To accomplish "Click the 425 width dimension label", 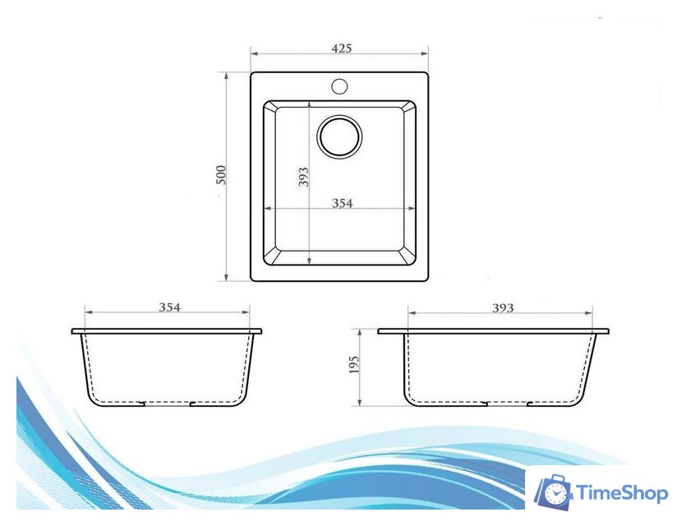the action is pos(342,48).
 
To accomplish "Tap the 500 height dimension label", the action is pos(221,174).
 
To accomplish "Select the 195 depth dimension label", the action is pos(354,365).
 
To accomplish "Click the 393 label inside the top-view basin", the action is pos(303,177).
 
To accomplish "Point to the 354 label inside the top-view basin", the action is pos(343,203).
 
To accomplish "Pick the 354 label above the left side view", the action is pos(170,307).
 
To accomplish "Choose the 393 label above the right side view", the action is pos(503,307).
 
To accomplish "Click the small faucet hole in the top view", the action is pos(340,86).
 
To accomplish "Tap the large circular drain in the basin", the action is pos(339,136).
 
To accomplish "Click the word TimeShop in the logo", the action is pos(623,493).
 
